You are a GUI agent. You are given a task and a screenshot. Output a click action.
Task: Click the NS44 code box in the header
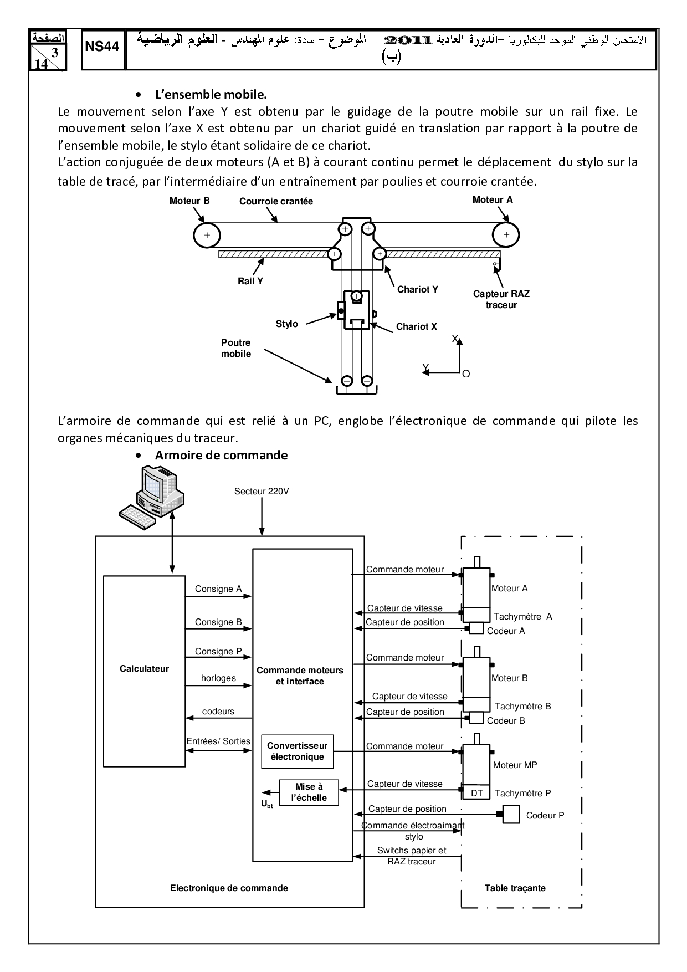pyautogui.click(x=102, y=47)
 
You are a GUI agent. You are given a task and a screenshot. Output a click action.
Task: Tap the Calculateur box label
pyautogui.click(x=144, y=668)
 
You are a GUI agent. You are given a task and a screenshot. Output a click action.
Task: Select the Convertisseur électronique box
pyautogui.click(x=297, y=751)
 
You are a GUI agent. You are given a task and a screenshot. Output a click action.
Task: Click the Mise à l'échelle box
pyautogui.click(x=309, y=792)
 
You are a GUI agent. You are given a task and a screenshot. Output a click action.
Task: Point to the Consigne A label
pyautogui.click(x=218, y=589)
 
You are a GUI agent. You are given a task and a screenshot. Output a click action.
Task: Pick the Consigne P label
pyautogui.click(x=218, y=652)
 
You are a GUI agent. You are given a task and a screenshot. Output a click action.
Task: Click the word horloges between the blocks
pyautogui.click(x=218, y=678)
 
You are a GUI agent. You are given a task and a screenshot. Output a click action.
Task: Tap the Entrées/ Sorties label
pyautogui.click(x=218, y=741)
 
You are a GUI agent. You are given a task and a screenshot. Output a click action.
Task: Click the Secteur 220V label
pyautogui.click(x=262, y=491)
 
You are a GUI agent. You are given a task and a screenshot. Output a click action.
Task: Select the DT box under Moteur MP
pyautogui.click(x=476, y=793)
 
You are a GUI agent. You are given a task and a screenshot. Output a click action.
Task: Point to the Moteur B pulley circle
pyautogui.click(x=207, y=235)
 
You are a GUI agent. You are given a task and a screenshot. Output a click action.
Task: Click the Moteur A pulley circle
pyautogui.click(x=506, y=234)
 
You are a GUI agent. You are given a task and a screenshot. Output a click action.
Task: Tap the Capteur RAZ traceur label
pyautogui.click(x=501, y=299)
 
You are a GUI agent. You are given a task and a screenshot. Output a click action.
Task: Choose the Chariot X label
pyautogui.click(x=416, y=327)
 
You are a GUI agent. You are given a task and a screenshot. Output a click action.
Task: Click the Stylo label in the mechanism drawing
pyautogui.click(x=287, y=324)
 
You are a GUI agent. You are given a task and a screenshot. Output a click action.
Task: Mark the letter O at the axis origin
pyautogui.click(x=466, y=374)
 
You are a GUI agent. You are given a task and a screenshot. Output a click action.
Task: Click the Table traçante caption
pyautogui.click(x=515, y=888)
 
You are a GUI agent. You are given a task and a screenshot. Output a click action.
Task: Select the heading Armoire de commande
pyautogui.click(x=221, y=455)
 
